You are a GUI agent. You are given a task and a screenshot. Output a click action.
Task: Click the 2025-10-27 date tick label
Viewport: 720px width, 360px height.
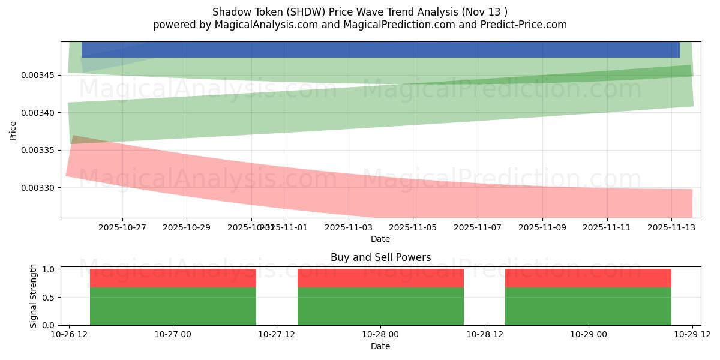[122, 227]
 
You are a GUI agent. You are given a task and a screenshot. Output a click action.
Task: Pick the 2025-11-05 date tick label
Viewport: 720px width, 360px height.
[413, 227]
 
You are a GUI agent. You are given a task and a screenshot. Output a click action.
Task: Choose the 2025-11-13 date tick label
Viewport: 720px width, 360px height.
[671, 227]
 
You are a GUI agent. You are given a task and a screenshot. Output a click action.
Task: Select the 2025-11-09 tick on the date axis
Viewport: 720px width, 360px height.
[542, 227]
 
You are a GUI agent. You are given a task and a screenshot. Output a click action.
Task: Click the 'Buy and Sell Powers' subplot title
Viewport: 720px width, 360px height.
[380, 257]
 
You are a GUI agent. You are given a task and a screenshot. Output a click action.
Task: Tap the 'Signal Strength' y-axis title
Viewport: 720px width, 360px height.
[34, 296]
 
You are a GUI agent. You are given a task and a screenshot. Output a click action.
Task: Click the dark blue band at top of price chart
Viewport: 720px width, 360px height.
[380, 50]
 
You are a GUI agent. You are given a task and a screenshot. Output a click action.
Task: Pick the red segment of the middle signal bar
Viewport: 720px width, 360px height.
[380, 278]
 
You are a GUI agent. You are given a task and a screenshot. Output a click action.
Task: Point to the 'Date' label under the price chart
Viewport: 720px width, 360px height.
[380, 239]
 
